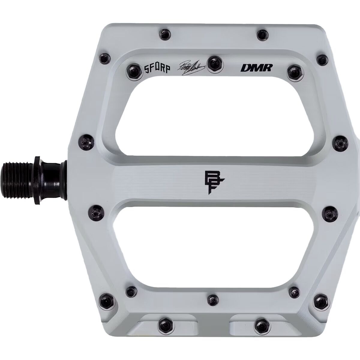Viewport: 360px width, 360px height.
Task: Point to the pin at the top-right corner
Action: pos(322,58)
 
